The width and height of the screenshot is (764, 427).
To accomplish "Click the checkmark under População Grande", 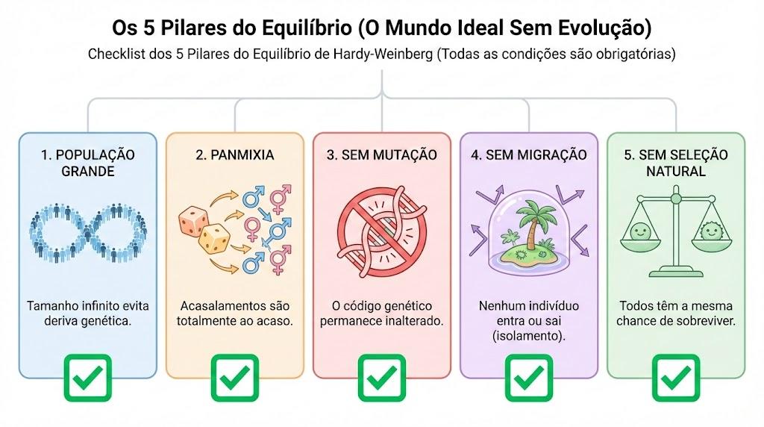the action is click(88, 378).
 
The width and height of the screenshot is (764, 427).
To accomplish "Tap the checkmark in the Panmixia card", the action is click(235, 378).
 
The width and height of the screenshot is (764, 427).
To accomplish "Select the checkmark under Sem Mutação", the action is click(382, 378).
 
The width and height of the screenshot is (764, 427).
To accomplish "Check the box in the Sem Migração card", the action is click(529, 378).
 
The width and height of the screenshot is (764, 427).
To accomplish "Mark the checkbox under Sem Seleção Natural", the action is click(676, 378).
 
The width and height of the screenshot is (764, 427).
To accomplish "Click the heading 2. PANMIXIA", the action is click(235, 155).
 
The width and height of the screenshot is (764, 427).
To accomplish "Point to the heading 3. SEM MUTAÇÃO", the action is click(382, 155).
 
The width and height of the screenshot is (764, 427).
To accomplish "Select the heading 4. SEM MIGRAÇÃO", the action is click(529, 155).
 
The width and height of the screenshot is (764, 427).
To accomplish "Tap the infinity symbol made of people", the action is click(88, 233).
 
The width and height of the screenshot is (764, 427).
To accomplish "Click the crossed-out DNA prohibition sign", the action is click(382, 232).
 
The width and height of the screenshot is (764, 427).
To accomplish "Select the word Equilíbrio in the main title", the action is click(307, 28).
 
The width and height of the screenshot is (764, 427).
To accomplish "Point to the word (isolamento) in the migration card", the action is click(529, 336).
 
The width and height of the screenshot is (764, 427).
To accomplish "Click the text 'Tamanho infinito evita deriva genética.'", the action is click(88, 314).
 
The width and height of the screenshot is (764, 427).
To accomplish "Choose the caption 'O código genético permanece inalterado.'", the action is click(382, 314).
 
